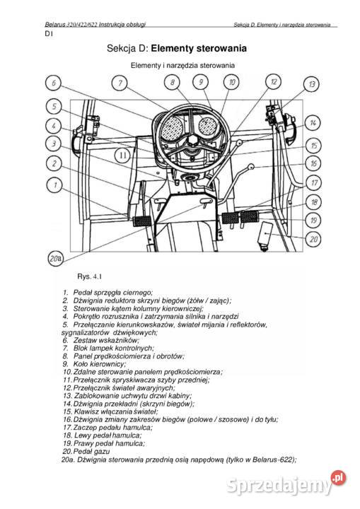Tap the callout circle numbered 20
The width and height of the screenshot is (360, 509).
[x=313, y=239]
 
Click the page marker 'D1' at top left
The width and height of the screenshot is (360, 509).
[x=48, y=33]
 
